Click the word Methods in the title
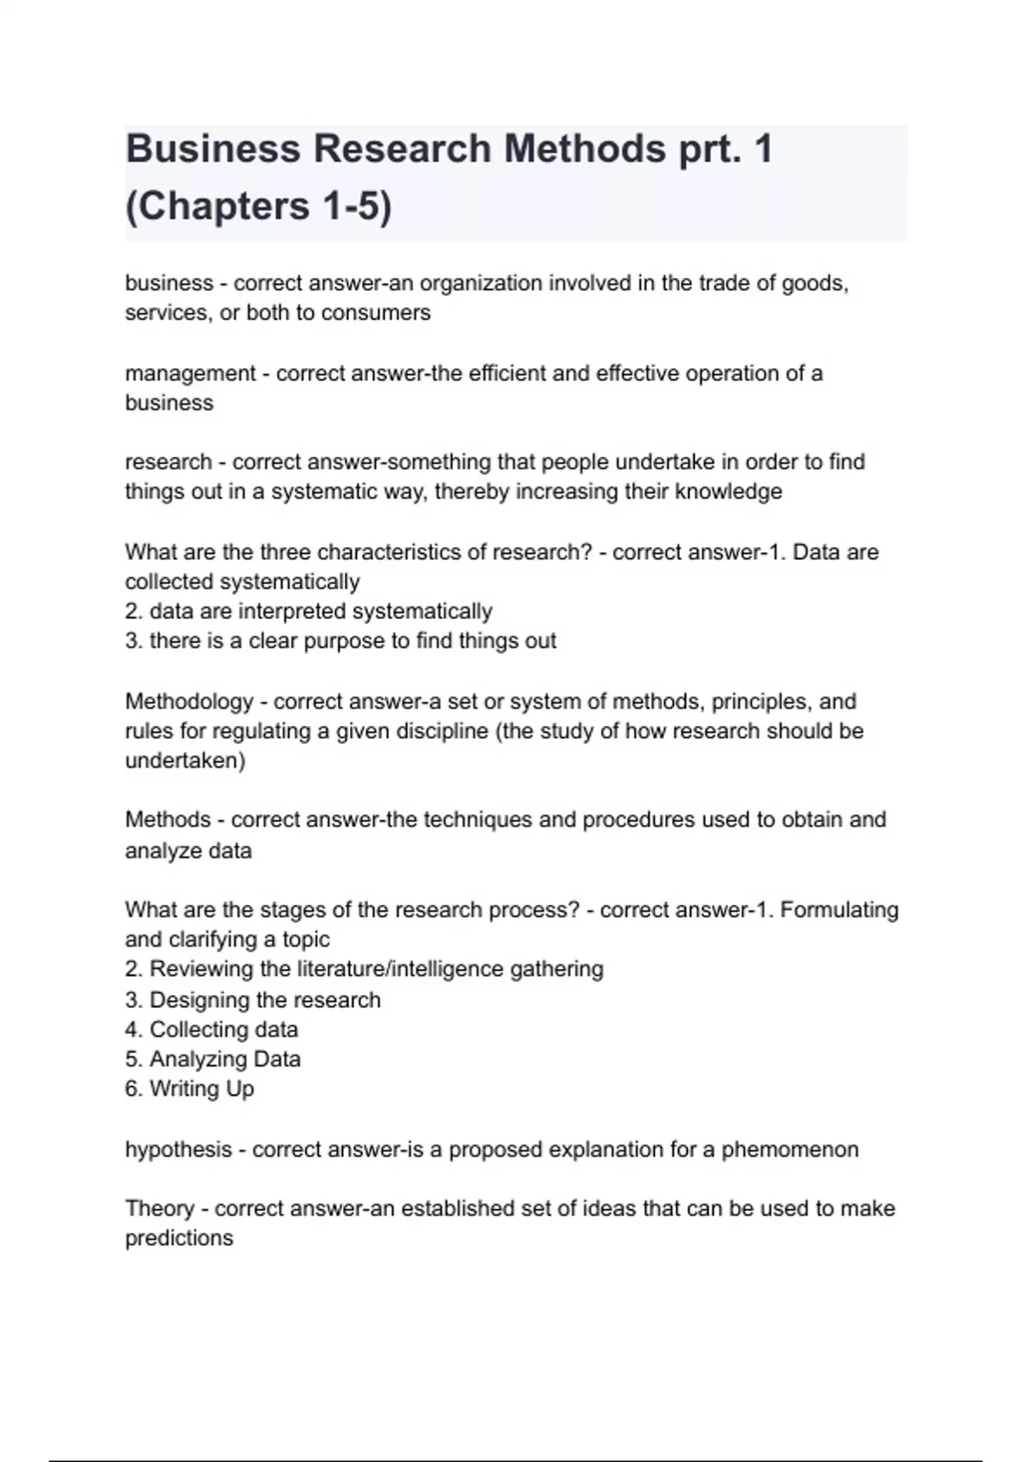pos(584,149)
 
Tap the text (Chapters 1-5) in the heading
pos(258,206)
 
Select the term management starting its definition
pos(190,373)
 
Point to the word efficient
pos(508,373)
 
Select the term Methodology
pos(189,701)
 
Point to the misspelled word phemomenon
pos(789,1149)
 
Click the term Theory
pos(160,1208)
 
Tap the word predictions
pos(179,1238)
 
